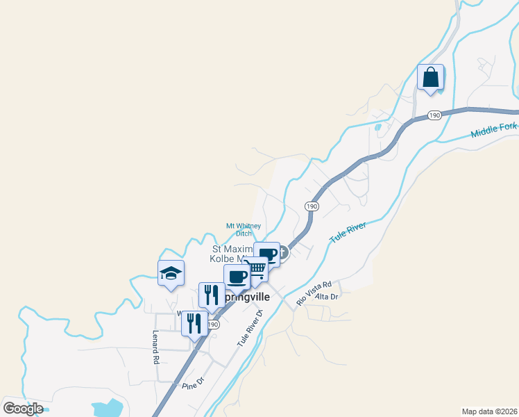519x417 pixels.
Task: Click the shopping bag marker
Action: click(430, 77)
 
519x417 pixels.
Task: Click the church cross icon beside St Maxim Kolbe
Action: click(282, 255)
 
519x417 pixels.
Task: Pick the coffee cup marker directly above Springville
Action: click(237, 277)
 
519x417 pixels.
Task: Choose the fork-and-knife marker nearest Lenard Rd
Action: click(194, 322)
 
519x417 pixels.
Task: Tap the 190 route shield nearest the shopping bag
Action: click(434, 115)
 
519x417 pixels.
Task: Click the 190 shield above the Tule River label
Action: click(312, 206)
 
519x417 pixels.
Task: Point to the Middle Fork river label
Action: click(494, 131)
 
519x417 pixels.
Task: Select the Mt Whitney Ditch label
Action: click(244, 229)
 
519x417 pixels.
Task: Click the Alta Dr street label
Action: click(326, 297)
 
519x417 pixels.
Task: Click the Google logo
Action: click(23, 409)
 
